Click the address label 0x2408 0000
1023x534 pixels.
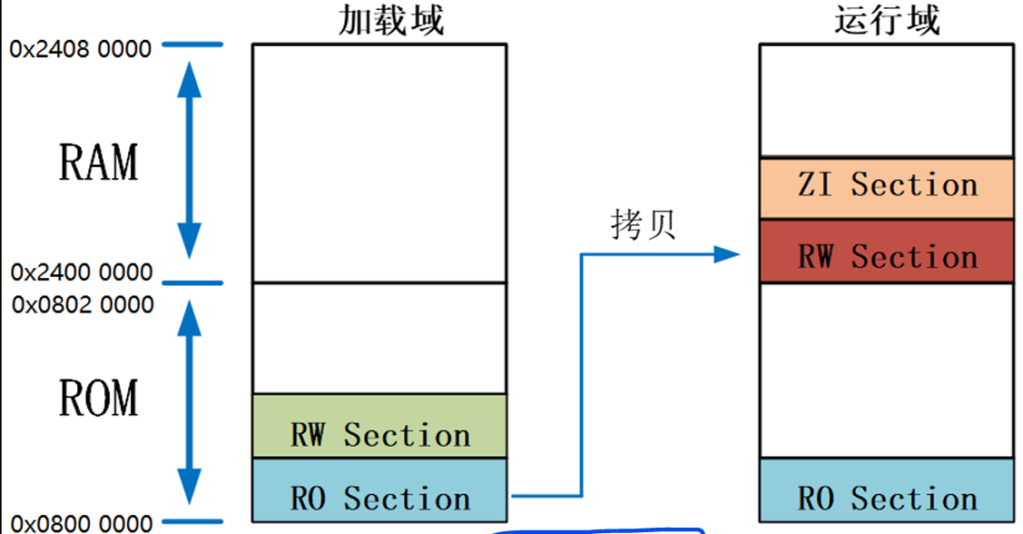point(81,49)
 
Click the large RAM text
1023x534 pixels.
point(98,163)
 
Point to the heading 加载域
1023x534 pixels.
point(391,20)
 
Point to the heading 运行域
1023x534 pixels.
point(887,20)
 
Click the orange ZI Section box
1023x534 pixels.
point(886,187)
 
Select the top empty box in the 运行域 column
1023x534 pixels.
point(886,100)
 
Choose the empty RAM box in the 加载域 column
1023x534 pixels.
point(379,163)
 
